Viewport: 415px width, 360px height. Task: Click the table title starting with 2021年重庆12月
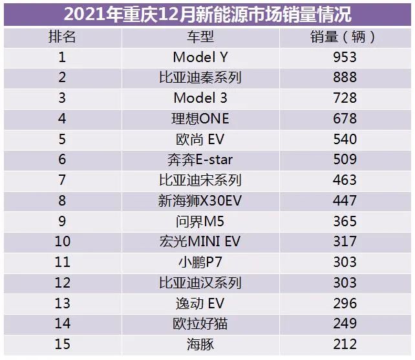207,14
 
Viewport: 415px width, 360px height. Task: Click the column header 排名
62,36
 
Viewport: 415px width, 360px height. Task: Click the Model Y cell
200,57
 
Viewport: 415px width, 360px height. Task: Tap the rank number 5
62,140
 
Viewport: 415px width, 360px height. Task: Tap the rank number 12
62,282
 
